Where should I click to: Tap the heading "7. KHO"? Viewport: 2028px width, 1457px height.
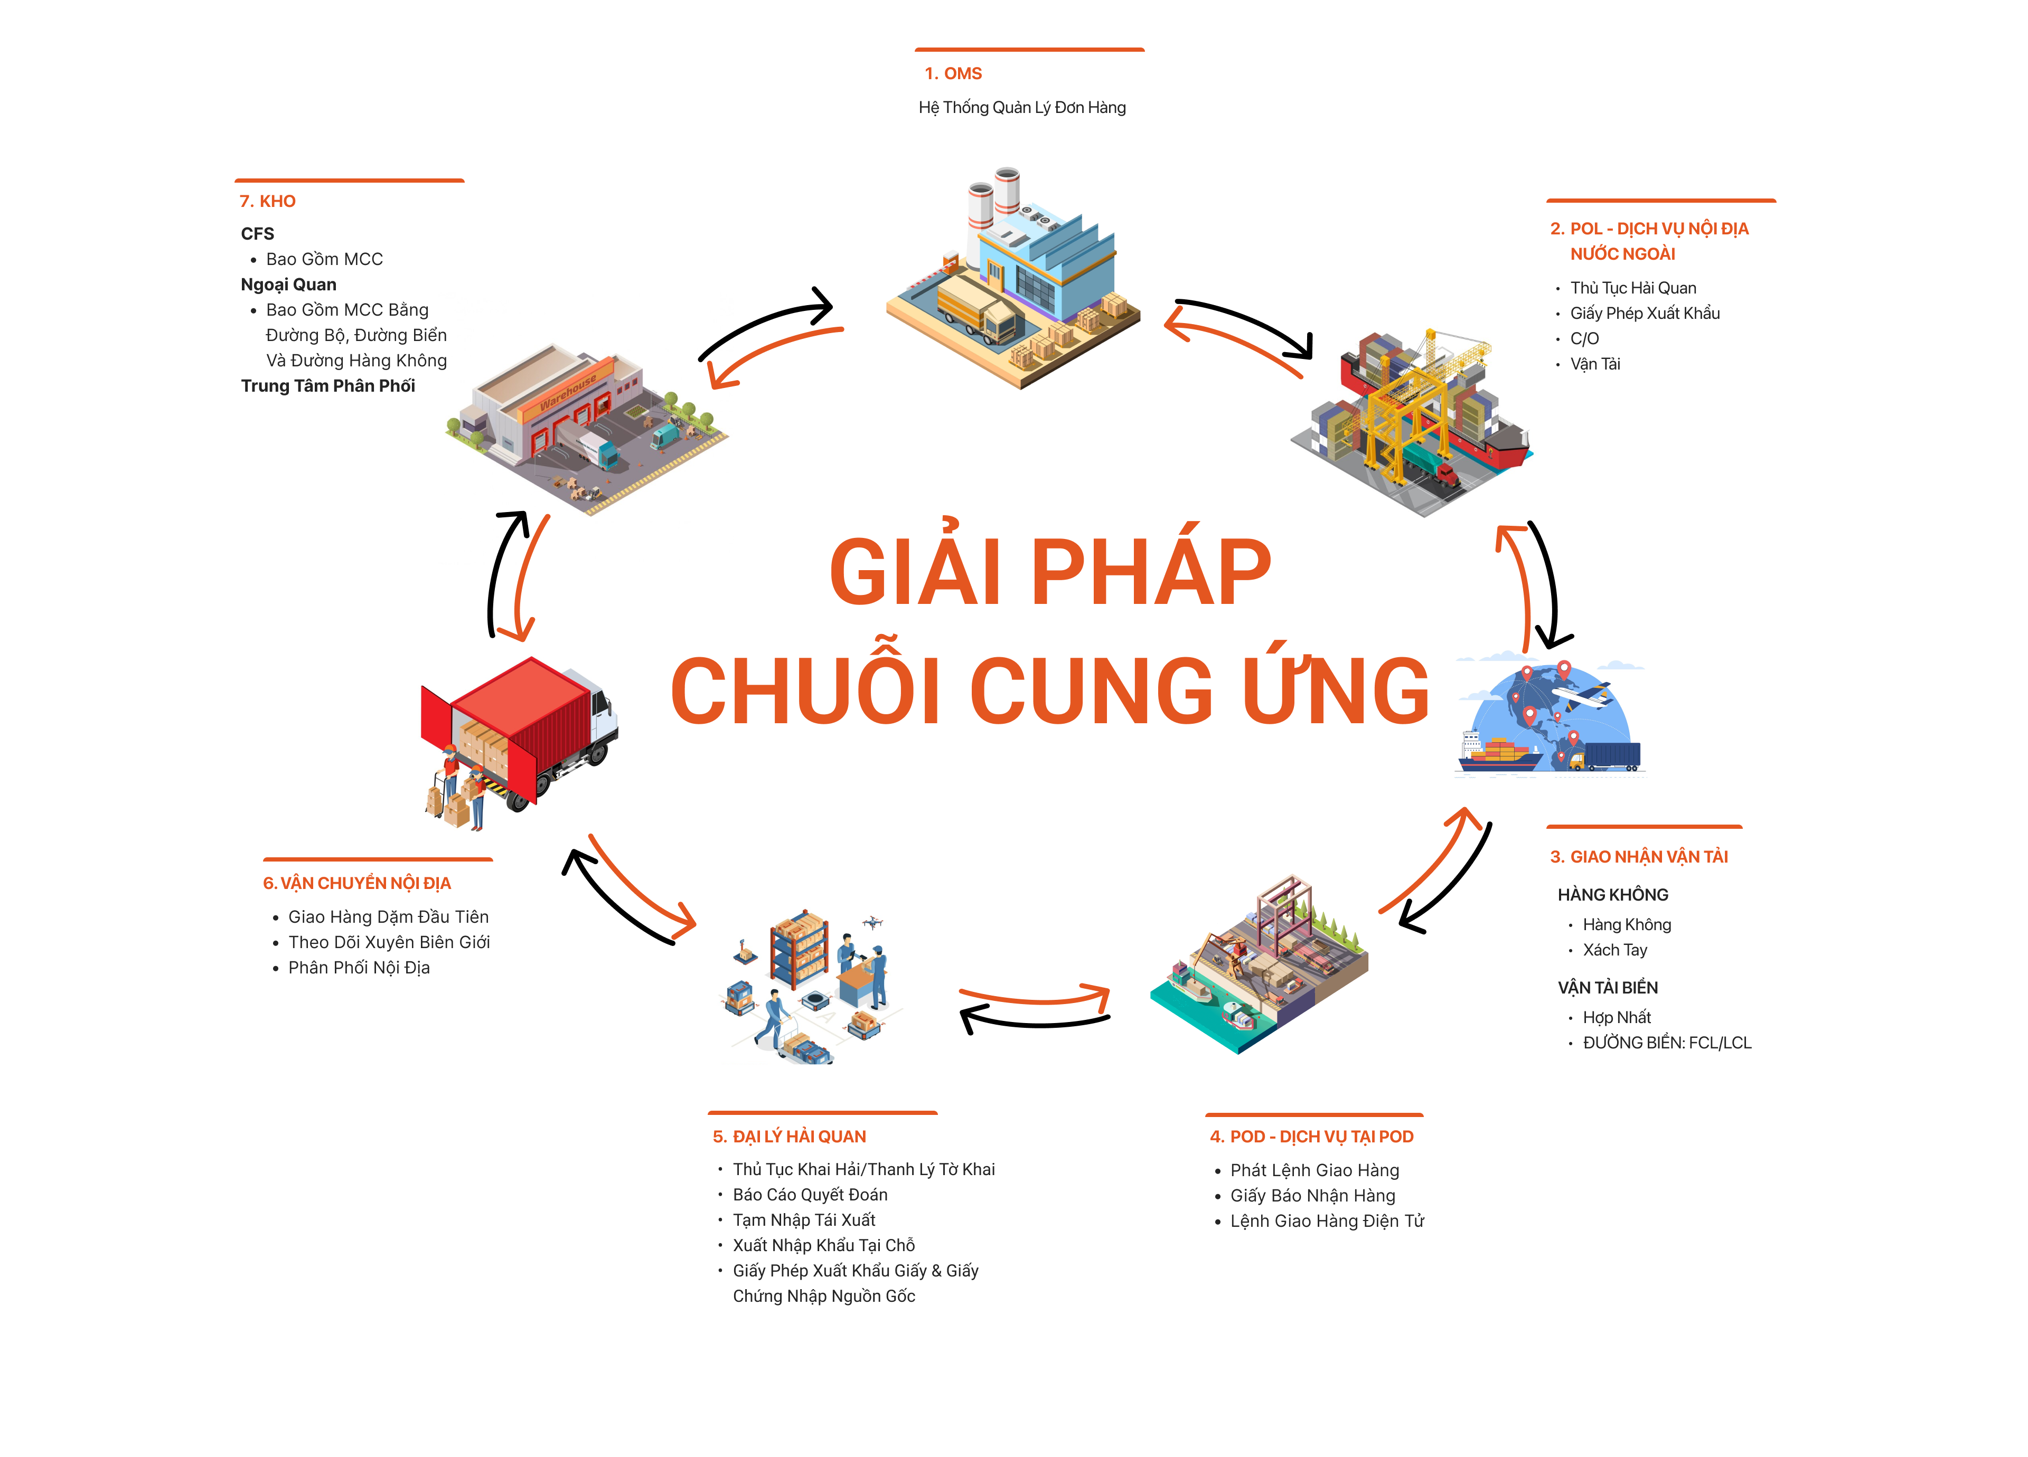[x=267, y=201]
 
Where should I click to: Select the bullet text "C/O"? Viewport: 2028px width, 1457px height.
[x=1584, y=339]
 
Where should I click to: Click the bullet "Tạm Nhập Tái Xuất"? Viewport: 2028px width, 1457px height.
[x=804, y=1220]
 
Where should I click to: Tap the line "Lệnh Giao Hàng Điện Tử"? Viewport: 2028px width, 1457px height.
[x=1327, y=1221]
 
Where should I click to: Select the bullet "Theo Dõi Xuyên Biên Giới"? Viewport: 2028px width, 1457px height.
[x=389, y=942]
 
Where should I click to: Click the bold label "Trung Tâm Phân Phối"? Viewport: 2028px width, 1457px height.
[x=328, y=386]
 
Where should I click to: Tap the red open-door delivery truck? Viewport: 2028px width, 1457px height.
[x=519, y=737]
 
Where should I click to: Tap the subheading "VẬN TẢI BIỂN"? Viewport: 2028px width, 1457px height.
[x=1607, y=988]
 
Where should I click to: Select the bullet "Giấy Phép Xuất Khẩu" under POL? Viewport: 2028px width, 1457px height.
[x=1645, y=314]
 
